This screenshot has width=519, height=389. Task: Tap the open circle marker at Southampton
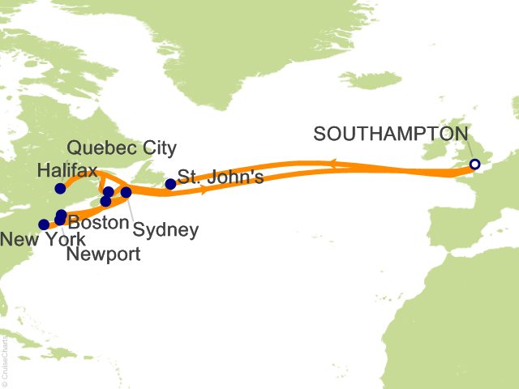pos(475,165)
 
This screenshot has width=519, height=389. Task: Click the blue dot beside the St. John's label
pos(170,184)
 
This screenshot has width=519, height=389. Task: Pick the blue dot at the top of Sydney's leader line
pos(126,193)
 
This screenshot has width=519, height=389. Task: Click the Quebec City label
pos(122,148)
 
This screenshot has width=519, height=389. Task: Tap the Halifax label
pos(68,171)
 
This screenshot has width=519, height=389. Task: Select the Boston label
pos(98,221)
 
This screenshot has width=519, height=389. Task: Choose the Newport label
pos(103,254)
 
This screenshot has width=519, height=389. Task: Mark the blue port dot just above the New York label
pos(44,224)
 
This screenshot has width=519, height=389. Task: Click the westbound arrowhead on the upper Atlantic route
pos(333,165)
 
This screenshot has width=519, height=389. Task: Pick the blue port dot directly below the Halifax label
pos(60,189)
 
